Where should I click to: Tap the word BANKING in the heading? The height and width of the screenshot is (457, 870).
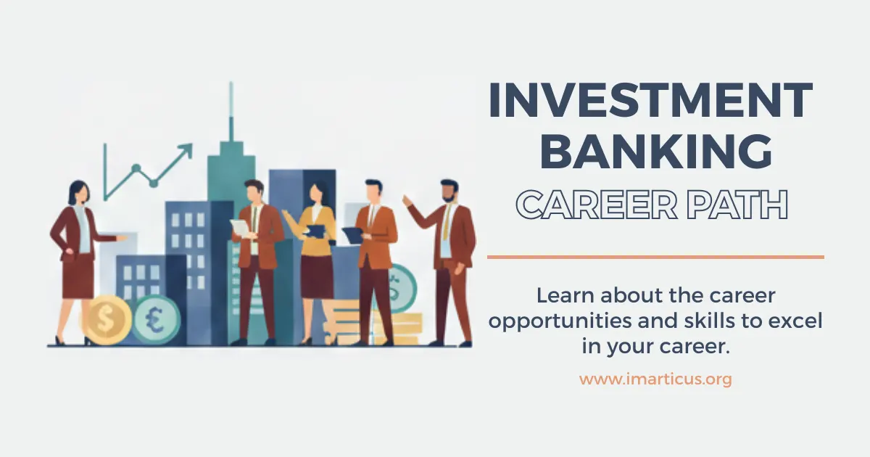click(x=656, y=153)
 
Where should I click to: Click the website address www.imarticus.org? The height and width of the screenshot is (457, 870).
click(x=655, y=379)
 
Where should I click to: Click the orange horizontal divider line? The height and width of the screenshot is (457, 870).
click(x=655, y=257)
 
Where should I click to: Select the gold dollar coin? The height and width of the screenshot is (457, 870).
click(x=106, y=318)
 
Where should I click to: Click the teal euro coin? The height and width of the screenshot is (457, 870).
click(x=156, y=320)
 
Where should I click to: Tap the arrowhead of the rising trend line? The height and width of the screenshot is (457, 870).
click(x=186, y=149)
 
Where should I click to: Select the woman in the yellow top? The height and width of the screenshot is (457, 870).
click(x=318, y=247)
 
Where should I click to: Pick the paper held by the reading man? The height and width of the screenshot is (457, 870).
click(x=240, y=227)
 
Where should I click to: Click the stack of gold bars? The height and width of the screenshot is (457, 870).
click(x=397, y=327)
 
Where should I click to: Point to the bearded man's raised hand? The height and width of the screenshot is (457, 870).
click(x=408, y=199)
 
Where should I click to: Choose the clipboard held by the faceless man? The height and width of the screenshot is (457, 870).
click(x=352, y=234)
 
